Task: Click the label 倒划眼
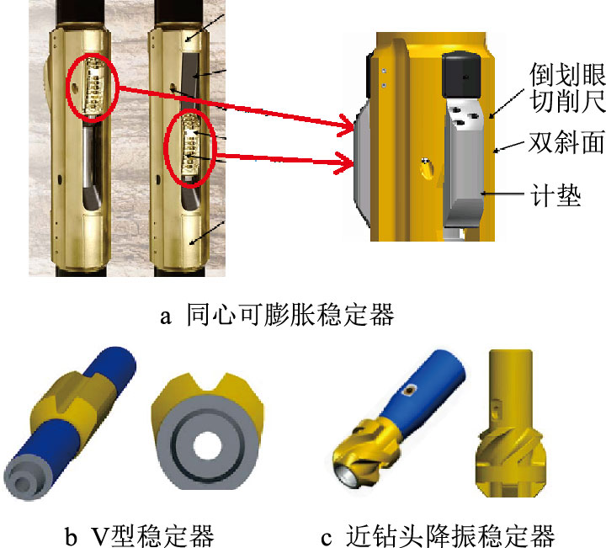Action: [567, 75]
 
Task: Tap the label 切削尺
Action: [567, 101]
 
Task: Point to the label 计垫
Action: [555, 195]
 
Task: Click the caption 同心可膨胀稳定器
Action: [290, 315]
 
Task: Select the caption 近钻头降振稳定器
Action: [450, 535]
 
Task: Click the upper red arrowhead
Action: [346, 125]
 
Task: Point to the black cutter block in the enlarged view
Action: [461, 75]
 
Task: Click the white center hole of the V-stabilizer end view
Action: [208, 445]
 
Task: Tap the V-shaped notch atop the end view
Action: [208, 384]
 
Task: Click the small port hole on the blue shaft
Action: [408, 391]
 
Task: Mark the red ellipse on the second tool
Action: [189, 147]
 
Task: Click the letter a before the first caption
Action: [166, 317]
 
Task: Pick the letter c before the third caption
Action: [327, 539]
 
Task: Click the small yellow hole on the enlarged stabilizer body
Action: [426, 169]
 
